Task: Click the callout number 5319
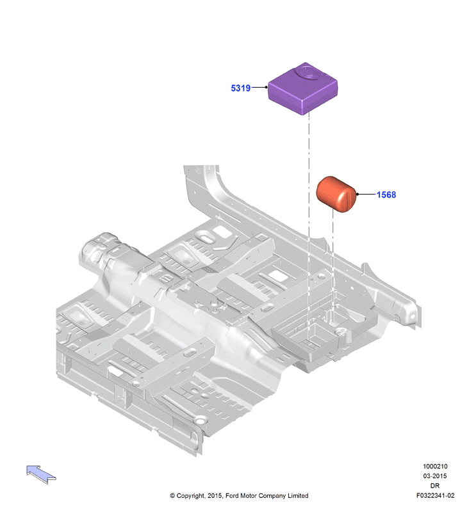tap(240, 88)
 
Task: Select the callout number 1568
tap(386, 195)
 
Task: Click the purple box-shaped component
tap(303, 88)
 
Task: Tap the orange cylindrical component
tap(336, 195)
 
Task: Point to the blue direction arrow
tap(41, 474)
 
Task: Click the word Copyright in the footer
tap(190, 495)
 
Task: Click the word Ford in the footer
tap(232, 495)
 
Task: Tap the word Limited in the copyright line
tap(298, 495)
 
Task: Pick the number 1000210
tap(435, 467)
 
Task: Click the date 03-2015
tap(435, 476)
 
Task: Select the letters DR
tap(435, 486)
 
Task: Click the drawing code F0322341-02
tap(435, 495)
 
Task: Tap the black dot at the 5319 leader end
tap(267, 87)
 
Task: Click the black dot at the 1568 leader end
tap(357, 195)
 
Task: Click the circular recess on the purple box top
tap(308, 72)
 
